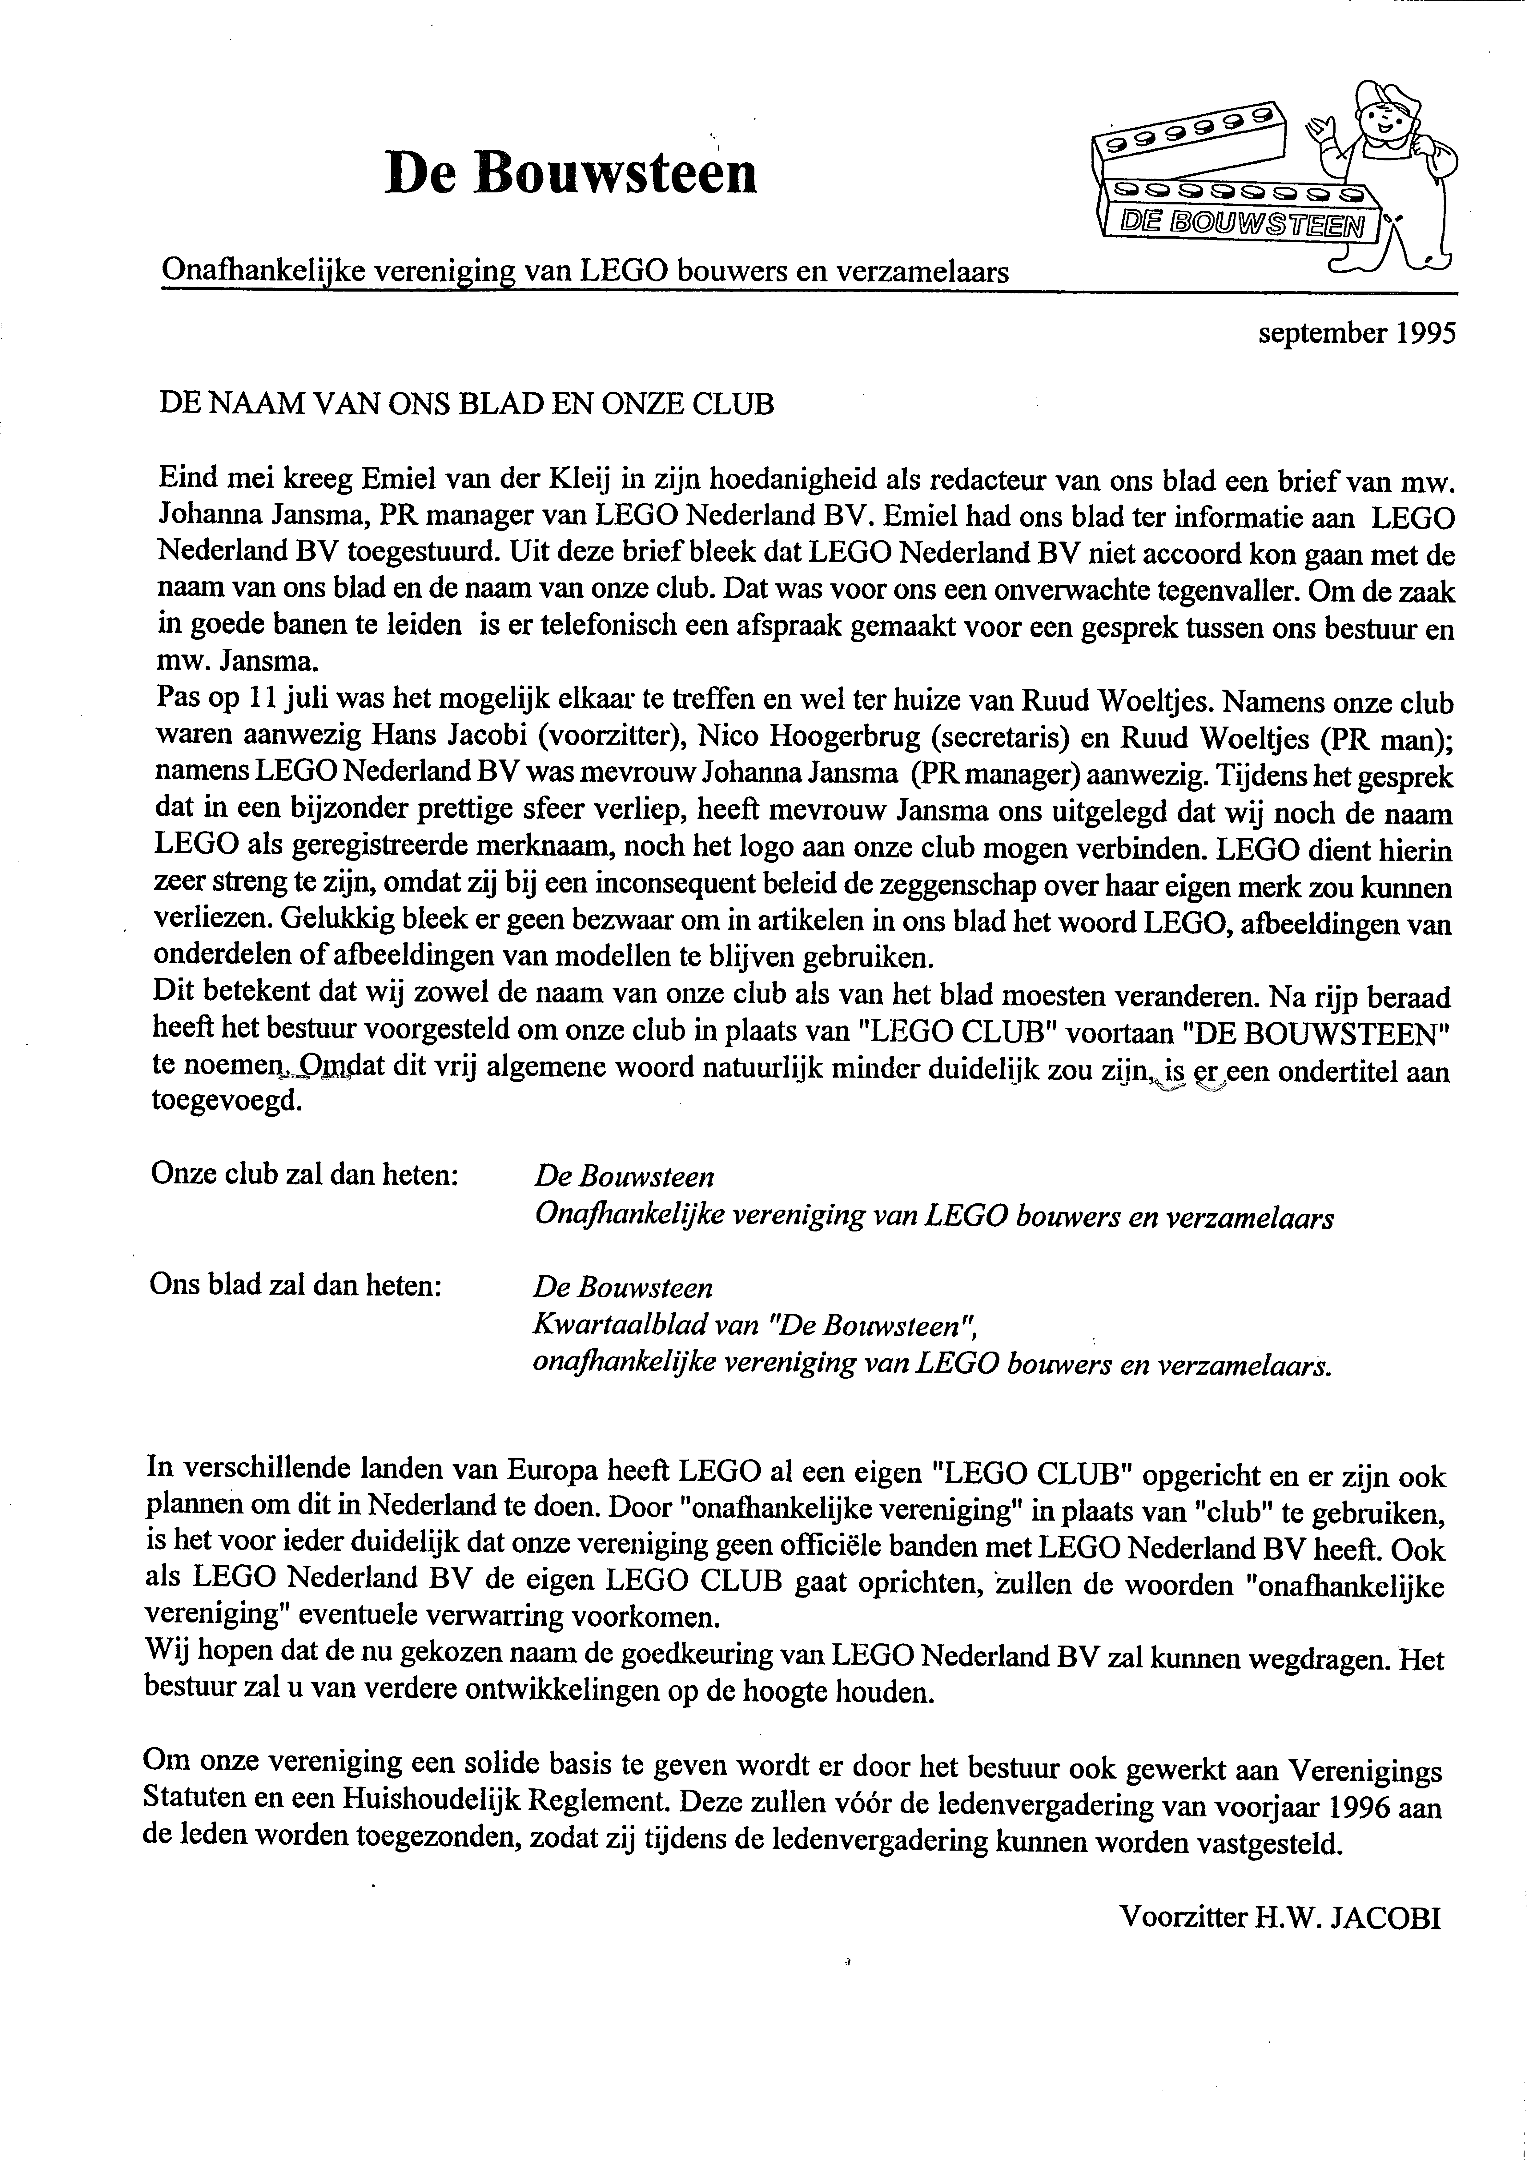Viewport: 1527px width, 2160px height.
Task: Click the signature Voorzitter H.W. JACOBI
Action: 1280,1918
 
